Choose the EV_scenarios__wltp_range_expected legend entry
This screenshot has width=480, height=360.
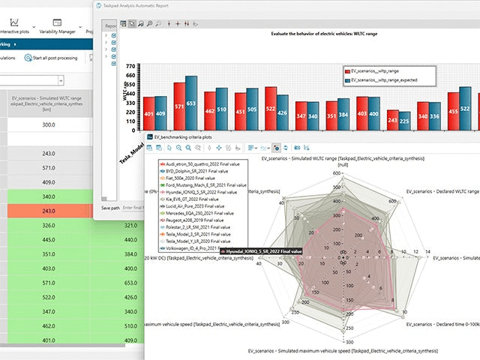pos(383,79)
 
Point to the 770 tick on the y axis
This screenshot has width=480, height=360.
pos(130,67)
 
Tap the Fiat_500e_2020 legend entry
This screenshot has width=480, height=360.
pos(188,178)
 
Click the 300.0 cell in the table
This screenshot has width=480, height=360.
pos(48,124)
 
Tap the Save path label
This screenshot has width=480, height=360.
pos(109,206)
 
